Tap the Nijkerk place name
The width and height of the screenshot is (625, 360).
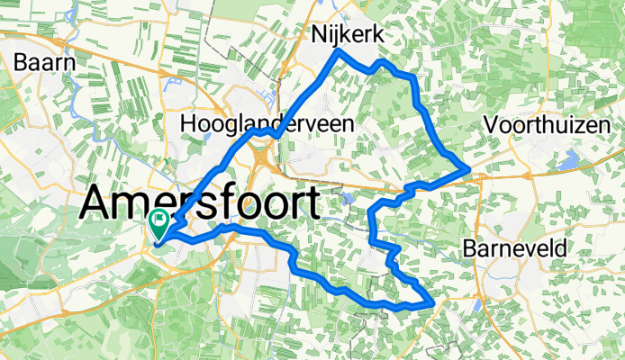(x=348, y=35)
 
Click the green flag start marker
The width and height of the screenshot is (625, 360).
(x=159, y=219)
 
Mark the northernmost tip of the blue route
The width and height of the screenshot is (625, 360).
(x=339, y=51)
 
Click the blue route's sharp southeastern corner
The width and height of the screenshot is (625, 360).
(x=432, y=304)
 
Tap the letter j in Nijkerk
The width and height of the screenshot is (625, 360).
(x=338, y=36)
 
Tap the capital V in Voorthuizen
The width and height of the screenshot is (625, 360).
(x=490, y=125)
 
